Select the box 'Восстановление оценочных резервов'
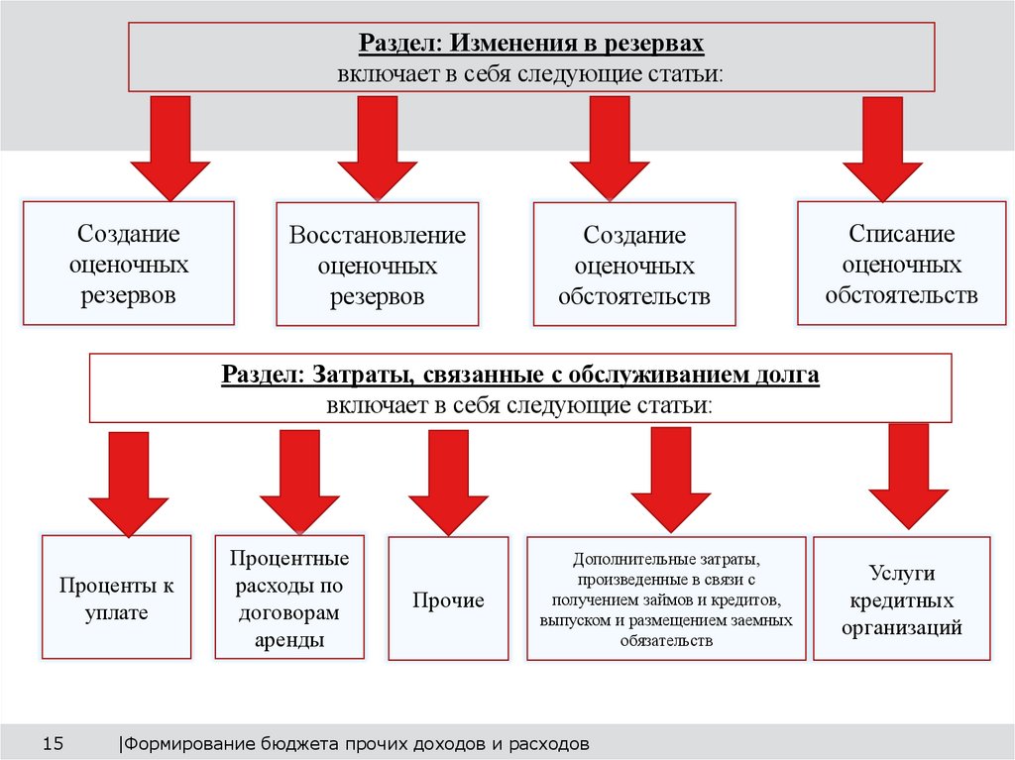[377, 265]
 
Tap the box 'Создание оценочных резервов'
[128, 264]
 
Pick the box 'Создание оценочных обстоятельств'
[634, 265]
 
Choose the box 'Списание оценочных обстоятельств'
[901, 264]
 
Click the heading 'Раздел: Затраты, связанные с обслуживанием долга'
[520, 377]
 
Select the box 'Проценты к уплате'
[116, 597]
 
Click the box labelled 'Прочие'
[448, 599]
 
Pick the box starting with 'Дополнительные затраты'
[665, 598]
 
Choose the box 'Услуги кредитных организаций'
[901, 599]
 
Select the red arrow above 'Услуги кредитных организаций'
[908, 475]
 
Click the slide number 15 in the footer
[53, 742]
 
